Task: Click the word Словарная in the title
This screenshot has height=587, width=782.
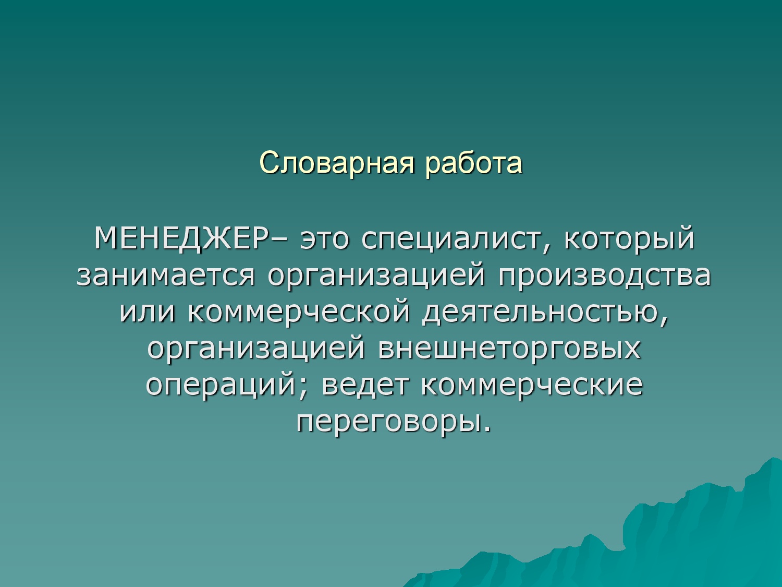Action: coord(337,163)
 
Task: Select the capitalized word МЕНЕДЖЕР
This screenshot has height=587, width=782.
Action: coord(184,238)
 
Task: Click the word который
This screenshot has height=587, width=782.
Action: coord(629,241)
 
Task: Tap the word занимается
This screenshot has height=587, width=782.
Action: coord(166,276)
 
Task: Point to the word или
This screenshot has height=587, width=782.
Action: coord(147,313)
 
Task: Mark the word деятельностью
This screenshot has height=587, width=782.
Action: coord(545,314)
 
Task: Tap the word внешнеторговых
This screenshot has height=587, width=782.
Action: coord(509,349)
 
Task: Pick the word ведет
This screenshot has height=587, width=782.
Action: coord(364,386)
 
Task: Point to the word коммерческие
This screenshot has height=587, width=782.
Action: coord(532,386)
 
